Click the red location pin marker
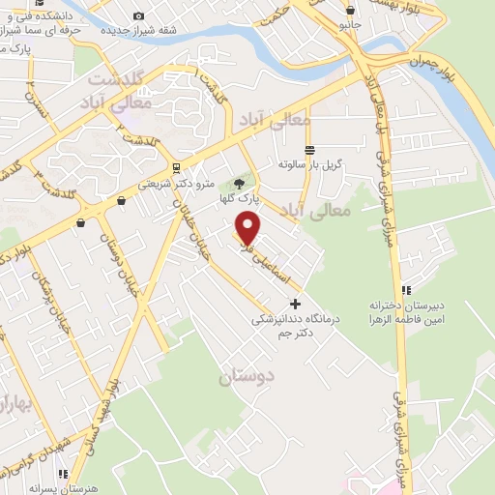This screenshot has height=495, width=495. pyautogui.click(x=248, y=228)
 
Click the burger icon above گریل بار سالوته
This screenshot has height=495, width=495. pyautogui.click(x=308, y=150)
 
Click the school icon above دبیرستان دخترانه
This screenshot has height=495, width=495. pyautogui.click(x=407, y=290)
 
